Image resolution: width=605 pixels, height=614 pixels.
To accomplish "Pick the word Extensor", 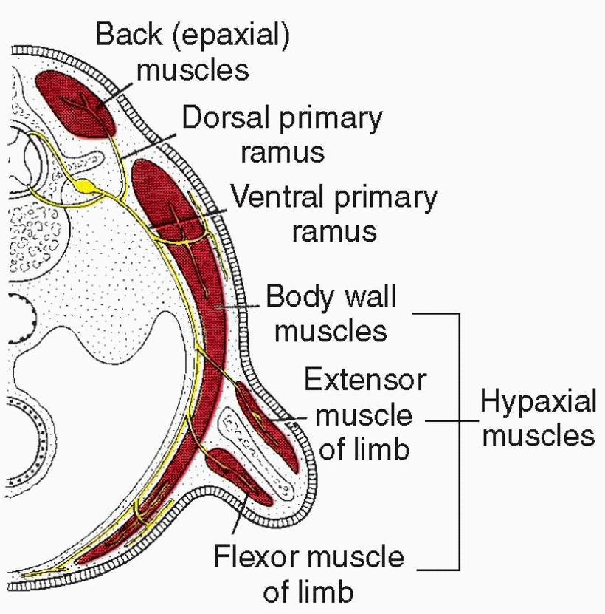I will pyautogui.click(x=365, y=381).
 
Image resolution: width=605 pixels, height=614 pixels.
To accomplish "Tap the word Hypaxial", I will pyautogui.click(x=538, y=403).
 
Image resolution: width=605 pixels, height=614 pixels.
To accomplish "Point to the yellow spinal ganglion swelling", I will pyautogui.click(x=88, y=186).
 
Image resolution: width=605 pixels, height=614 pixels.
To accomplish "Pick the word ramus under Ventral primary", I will pyautogui.click(x=334, y=231).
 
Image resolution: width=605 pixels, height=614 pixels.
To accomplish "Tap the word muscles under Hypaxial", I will pyautogui.click(x=538, y=436).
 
